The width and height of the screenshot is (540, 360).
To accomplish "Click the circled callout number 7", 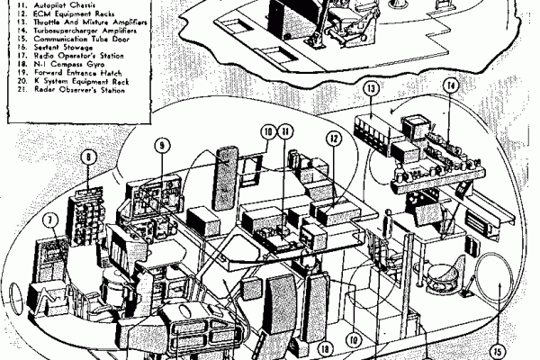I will [x=51, y=219].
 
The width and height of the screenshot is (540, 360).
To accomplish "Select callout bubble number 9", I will [x=161, y=144].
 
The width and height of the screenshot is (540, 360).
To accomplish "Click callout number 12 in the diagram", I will [x=334, y=139].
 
